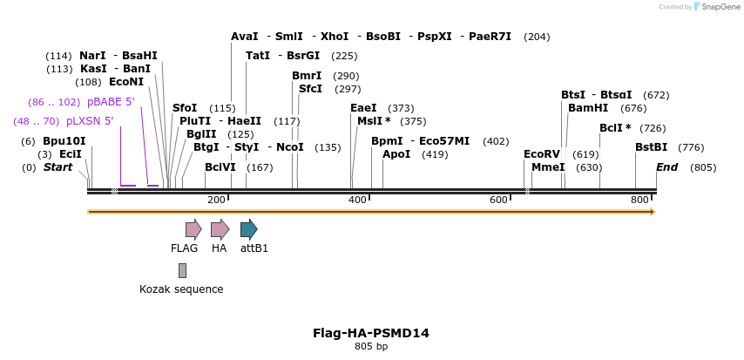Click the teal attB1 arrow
[x=248, y=229]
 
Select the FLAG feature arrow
[x=193, y=229]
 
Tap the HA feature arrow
[x=220, y=229]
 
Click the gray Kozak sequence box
[x=182, y=270]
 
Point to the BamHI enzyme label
[x=588, y=108]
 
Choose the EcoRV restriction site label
[x=542, y=154]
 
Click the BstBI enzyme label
[x=651, y=147]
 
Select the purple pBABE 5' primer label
[x=111, y=102]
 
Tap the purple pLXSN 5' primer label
[x=90, y=121]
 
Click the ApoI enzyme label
[x=396, y=154]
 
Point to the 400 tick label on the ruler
[x=357, y=200]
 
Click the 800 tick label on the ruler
[x=639, y=200]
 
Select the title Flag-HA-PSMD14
[x=371, y=333]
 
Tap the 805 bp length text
[x=371, y=347]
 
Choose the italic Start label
[x=58, y=167]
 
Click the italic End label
[x=666, y=167]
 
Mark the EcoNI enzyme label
[x=126, y=82]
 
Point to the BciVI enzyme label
[x=220, y=167]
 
